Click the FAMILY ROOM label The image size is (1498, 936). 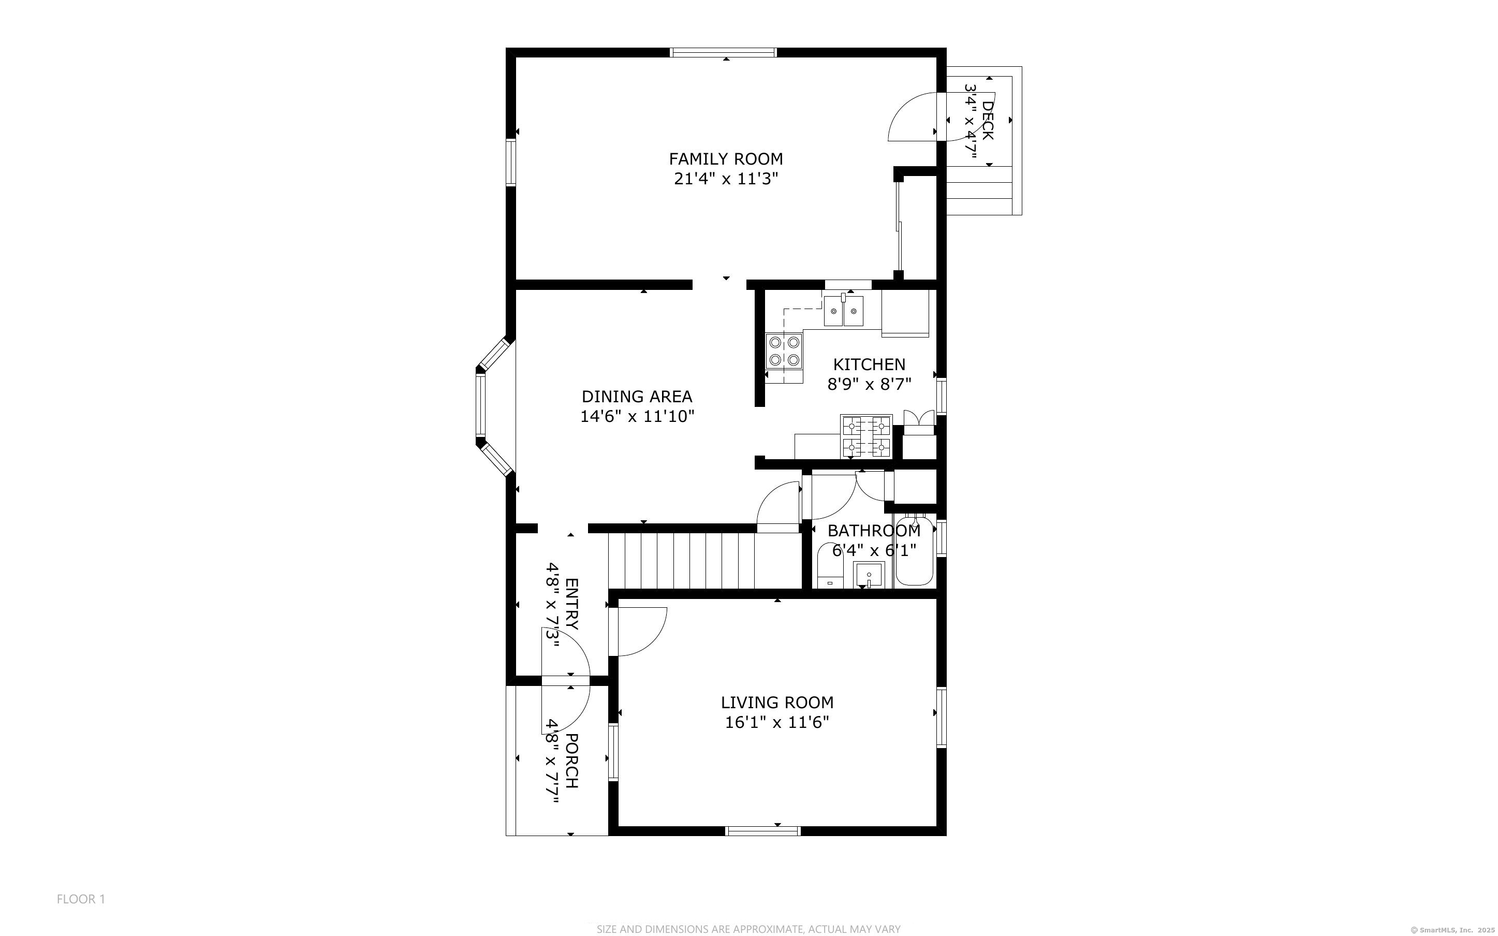pyautogui.click(x=726, y=159)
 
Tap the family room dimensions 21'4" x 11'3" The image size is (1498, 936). pyautogui.click(x=726, y=179)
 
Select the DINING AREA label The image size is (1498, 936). pyautogui.click(x=637, y=396)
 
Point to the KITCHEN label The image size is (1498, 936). pyautogui.click(x=870, y=364)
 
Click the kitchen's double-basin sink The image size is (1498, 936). pyautogui.click(x=843, y=311)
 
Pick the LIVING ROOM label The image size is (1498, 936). pyautogui.click(x=777, y=703)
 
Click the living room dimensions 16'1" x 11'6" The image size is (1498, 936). pyautogui.click(x=777, y=722)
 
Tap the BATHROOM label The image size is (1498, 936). pyautogui.click(x=874, y=531)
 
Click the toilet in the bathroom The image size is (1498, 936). pyautogui.click(x=830, y=565)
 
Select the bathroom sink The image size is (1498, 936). pyautogui.click(x=869, y=575)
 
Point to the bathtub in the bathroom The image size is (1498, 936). pyautogui.click(x=915, y=551)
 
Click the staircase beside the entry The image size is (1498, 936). pyautogui.click(x=706, y=561)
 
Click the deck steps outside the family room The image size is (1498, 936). pyautogui.click(x=984, y=190)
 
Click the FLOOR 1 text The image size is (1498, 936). pyautogui.click(x=81, y=899)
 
